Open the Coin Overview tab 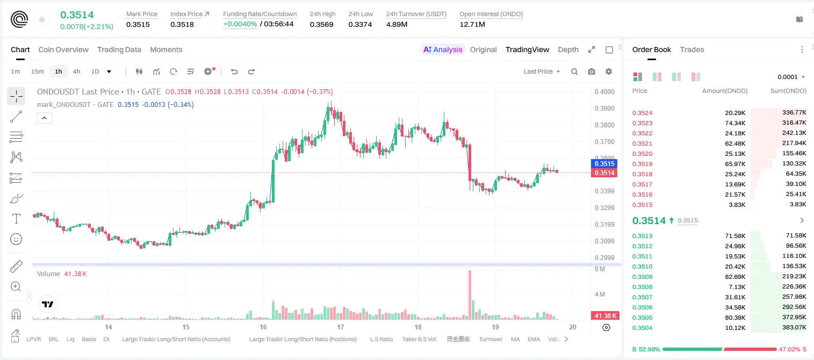click(63, 49)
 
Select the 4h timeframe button click(76, 71)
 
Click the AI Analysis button click(443, 49)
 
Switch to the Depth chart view click(568, 49)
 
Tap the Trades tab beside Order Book click(692, 49)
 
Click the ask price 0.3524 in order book click(642, 113)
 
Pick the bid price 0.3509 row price click(642, 277)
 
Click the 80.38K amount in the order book click(735, 318)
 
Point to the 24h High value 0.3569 click(321, 24)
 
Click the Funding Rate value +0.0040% click(240, 24)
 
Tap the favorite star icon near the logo click(42, 19)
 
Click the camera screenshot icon click(592, 71)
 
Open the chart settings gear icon click(609, 71)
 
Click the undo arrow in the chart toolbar click(234, 71)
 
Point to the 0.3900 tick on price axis click(604, 108)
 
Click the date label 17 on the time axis click(340, 327)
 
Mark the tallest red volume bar click(470, 295)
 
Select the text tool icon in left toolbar click(16, 219)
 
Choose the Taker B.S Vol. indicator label click(419, 339)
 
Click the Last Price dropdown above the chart click(542, 71)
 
